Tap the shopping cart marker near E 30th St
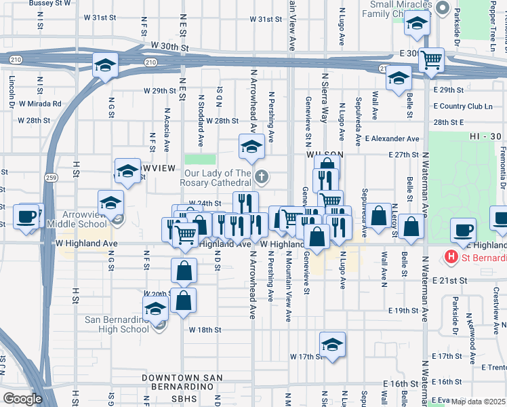coord(431,60)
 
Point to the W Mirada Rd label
coord(40,104)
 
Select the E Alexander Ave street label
coord(392,139)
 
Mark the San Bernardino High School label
coord(117,324)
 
